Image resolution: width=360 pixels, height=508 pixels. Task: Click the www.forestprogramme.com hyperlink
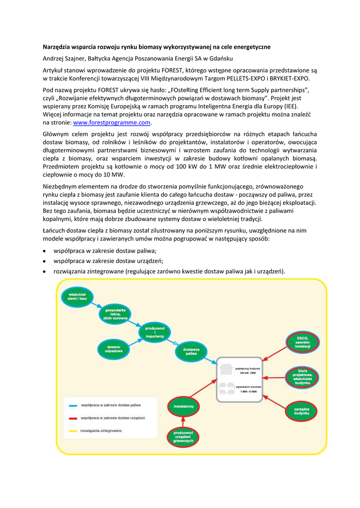coord(112,123)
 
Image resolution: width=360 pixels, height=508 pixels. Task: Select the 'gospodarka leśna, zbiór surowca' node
coord(115,315)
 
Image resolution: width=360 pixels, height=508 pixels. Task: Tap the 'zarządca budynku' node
coord(301,411)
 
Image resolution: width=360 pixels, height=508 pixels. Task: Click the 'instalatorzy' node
coord(183,406)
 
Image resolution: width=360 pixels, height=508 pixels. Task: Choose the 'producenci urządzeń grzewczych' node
coord(183,437)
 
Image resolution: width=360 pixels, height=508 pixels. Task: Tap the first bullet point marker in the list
coord(45,251)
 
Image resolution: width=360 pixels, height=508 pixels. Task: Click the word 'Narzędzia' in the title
coord(57,47)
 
